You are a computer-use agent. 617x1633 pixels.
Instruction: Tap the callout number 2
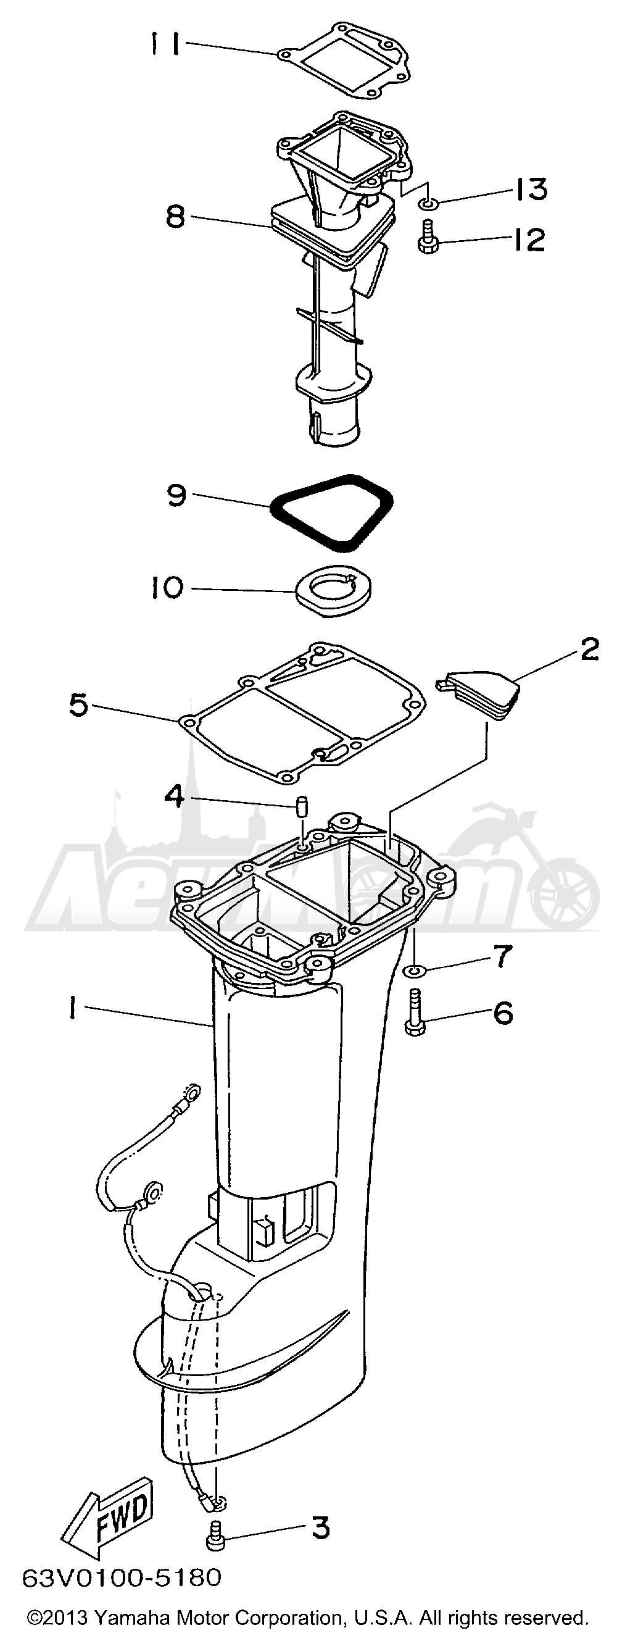point(589,649)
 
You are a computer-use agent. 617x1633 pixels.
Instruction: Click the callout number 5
point(78,705)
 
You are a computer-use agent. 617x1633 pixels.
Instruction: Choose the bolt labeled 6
point(414,1013)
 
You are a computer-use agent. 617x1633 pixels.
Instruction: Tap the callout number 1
point(74,1009)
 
